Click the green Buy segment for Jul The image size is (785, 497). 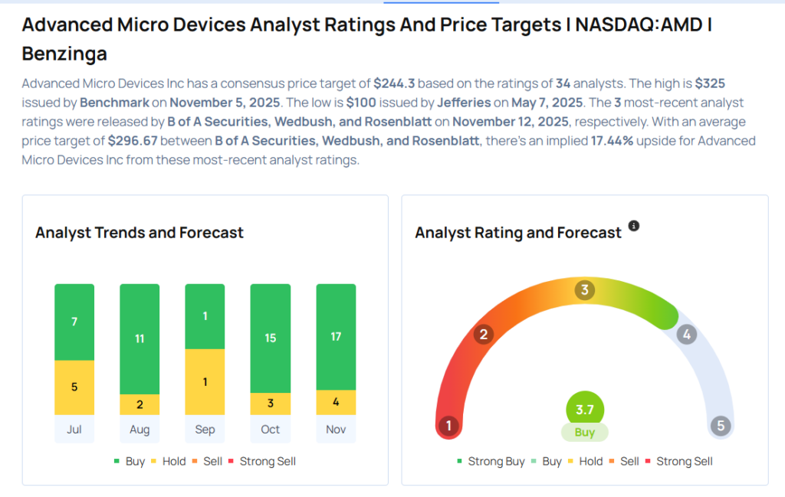[74, 322]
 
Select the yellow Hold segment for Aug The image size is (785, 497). [140, 404]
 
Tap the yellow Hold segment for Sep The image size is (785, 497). [205, 381]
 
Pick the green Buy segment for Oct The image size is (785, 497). [271, 338]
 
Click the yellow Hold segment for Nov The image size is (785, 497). [336, 402]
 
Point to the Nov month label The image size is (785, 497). [336, 429]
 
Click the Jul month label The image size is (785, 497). [74, 429]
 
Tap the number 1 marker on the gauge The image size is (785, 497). [448, 426]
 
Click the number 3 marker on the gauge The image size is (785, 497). [585, 290]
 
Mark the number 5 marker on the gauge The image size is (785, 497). [721, 426]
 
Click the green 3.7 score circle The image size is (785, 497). [585, 410]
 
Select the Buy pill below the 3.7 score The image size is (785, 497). [585, 432]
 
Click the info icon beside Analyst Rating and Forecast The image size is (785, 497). [634, 226]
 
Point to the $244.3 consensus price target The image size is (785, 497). [394, 83]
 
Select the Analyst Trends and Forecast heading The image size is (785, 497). [140, 232]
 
